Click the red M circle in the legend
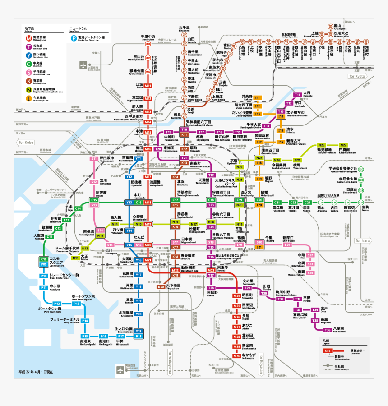(28, 37)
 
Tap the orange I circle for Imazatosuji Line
(28, 97)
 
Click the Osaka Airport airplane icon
(84, 65)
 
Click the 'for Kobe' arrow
(26, 143)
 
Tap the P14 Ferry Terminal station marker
(85, 321)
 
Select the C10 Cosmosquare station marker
(44, 259)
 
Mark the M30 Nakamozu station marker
(236, 356)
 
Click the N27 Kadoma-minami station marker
(343, 145)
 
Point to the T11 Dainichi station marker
(297, 95)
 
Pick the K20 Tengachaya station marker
(161, 286)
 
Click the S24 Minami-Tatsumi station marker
(310, 273)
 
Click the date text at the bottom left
(36, 372)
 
